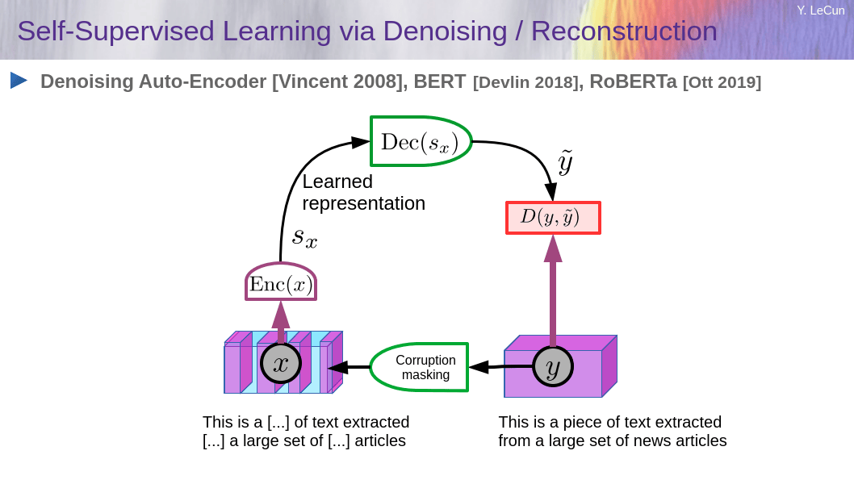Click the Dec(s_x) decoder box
tap(421, 141)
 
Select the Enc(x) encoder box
tap(281, 282)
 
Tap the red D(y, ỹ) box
tap(554, 218)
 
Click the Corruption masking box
tap(420, 367)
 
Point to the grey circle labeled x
tap(280, 364)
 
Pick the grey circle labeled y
tap(553, 366)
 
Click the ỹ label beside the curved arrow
tap(565, 162)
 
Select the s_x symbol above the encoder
tap(304, 237)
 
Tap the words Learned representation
tap(364, 192)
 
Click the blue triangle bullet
tap(18, 81)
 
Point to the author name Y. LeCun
tap(821, 10)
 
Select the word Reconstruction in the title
tap(624, 31)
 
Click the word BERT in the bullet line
tap(440, 81)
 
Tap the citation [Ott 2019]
tap(722, 82)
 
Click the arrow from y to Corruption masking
tap(500, 367)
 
